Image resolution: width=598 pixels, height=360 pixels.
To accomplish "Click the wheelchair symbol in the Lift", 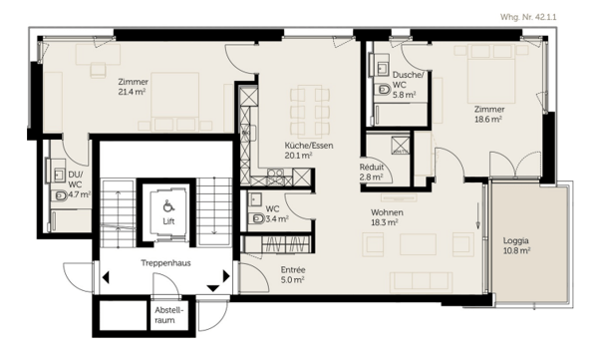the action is (x=168, y=206).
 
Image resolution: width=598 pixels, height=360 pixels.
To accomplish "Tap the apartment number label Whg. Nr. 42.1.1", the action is (x=528, y=17).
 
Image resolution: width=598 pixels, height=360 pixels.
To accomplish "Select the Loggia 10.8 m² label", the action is (x=516, y=245).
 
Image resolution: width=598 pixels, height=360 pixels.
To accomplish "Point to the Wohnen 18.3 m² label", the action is (x=387, y=217).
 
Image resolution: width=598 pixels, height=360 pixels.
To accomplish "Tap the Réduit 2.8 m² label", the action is (x=372, y=172).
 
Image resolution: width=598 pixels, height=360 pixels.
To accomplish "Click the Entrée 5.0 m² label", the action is (x=293, y=275).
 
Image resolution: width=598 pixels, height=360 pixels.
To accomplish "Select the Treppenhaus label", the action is (x=165, y=263).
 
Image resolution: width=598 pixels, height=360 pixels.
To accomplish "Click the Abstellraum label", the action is (x=166, y=315).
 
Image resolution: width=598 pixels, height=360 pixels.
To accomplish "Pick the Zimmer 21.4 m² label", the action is (x=134, y=87).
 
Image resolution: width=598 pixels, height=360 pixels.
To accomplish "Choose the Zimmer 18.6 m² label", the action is (x=489, y=114).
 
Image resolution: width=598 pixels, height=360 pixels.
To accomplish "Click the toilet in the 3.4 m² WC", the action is (x=257, y=218).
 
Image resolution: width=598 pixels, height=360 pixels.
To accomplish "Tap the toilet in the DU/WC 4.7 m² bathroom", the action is (x=59, y=196).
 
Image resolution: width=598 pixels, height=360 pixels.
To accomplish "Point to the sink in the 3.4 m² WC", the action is (x=255, y=198).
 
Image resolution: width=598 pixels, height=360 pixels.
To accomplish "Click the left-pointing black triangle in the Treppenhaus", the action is (x=106, y=277).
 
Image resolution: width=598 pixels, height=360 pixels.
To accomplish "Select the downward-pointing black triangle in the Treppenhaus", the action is (x=213, y=288).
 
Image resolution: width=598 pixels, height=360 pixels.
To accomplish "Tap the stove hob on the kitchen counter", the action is (x=275, y=177).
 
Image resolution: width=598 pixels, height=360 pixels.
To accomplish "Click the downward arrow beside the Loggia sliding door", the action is (x=477, y=216).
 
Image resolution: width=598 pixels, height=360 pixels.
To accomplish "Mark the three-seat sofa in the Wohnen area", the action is (x=421, y=281).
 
